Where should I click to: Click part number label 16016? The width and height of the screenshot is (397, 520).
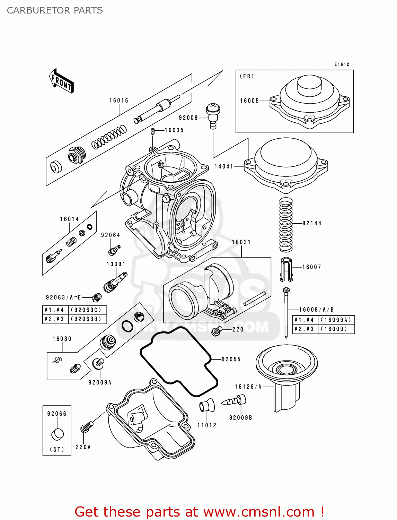pos(119,101)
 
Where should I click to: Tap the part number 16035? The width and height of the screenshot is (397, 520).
pos(174,130)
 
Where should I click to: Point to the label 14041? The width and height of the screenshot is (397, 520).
pos(224,166)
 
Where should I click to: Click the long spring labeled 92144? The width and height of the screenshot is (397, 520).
pos(286,225)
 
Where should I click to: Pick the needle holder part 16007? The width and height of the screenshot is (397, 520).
pos(286,269)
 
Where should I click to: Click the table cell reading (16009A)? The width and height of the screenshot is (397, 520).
pos(336,320)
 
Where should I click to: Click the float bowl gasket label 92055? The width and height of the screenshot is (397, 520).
pos(231,359)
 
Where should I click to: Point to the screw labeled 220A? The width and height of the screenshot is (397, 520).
pos(87,427)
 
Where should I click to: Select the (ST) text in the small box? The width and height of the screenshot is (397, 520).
pos(57,449)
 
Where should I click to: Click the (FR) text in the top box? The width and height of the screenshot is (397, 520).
pos(247,76)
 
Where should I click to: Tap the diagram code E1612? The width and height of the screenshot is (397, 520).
pos(342,64)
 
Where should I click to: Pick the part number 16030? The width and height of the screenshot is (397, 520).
pos(62,339)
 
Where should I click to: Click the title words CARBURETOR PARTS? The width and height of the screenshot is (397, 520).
pos(55,10)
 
